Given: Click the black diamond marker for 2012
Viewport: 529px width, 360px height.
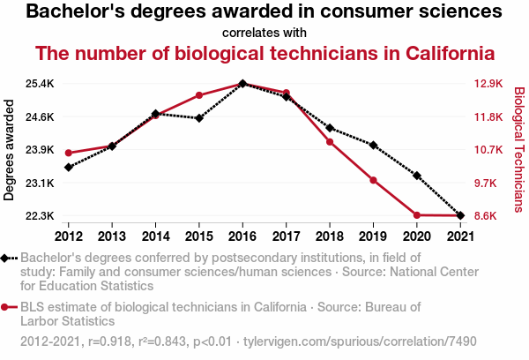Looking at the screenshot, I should tap(69, 168).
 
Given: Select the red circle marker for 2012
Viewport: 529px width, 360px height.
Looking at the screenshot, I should tap(69, 154).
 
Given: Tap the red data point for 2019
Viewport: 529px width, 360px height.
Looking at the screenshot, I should tap(373, 180).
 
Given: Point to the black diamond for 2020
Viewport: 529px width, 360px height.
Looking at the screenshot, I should tap(417, 176).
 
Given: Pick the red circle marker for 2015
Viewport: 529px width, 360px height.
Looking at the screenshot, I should tap(199, 95).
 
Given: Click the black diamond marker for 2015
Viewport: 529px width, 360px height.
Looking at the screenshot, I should tap(199, 118).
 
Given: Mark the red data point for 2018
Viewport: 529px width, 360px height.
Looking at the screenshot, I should tap(330, 142).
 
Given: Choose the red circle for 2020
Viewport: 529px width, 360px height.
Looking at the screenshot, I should tap(417, 215).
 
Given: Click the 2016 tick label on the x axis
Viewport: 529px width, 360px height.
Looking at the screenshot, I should tap(242, 236).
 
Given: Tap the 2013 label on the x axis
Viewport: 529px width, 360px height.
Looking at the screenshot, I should tap(112, 236).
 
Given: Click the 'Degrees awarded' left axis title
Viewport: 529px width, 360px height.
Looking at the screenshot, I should tap(10, 150).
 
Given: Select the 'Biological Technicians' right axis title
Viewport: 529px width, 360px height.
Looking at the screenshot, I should tap(518, 149).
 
